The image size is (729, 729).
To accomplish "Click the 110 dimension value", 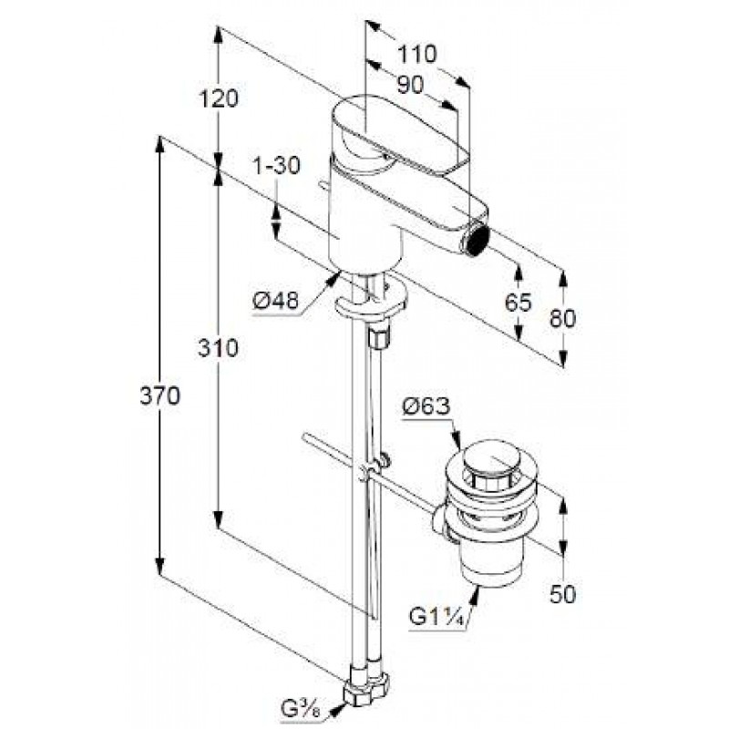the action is click(x=416, y=54).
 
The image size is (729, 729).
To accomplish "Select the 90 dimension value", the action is click(x=411, y=85).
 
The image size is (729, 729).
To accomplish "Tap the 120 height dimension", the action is click(x=219, y=98).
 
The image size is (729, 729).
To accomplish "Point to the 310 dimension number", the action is click(x=218, y=347).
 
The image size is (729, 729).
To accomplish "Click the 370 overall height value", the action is click(x=159, y=396).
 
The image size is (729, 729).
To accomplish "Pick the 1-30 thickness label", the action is click(x=277, y=166).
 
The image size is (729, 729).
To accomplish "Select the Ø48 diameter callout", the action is click(x=275, y=301).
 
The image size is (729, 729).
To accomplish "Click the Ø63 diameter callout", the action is click(x=426, y=407).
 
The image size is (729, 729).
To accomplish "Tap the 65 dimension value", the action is click(x=518, y=303).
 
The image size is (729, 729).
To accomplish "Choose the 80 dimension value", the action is click(x=562, y=318).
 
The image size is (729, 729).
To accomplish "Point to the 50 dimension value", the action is click(x=562, y=594).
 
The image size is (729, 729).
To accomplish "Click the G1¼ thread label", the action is click(x=437, y=617).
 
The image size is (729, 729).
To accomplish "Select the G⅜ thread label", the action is click(x=299, y=711).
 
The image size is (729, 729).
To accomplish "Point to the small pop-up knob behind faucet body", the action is click(x=323, y=186).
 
